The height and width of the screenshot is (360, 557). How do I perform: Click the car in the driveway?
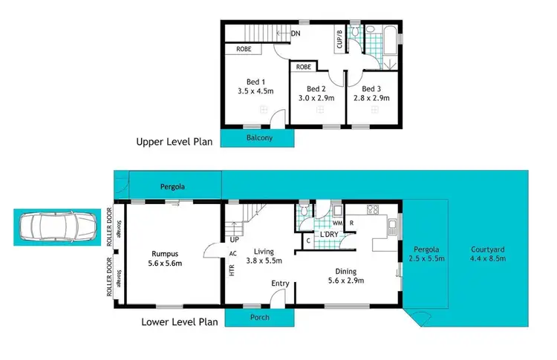coord(55,226)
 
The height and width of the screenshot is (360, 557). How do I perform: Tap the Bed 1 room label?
coord(258,82)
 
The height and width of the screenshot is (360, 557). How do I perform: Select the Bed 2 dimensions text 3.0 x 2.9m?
coord(317,97)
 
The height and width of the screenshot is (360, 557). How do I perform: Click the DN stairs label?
coord(296,33)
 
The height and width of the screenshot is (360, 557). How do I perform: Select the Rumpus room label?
coord(171,252)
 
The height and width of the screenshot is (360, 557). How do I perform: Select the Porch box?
coord(259,318)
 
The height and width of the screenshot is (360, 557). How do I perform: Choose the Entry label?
coord(280,283)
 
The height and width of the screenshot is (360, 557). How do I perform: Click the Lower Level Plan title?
coord(180,322)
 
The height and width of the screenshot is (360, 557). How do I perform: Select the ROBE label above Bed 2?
coord(303,66)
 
